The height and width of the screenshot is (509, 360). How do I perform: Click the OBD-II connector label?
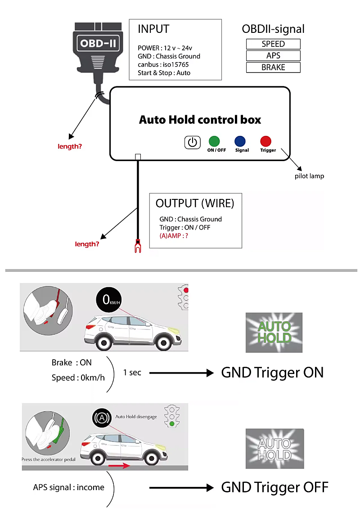99,44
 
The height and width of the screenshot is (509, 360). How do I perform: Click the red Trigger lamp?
266,141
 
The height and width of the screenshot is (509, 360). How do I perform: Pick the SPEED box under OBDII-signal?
273,44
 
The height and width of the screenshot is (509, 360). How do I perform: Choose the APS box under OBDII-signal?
273,56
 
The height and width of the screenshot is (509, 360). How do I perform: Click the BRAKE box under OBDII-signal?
273,68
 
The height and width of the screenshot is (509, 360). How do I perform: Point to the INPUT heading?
153,29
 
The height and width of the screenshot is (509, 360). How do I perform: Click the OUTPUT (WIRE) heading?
195,203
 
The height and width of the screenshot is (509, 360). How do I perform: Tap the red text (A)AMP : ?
174,235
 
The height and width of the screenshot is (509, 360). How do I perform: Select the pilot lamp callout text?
309,176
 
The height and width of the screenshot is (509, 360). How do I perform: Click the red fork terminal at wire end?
138,246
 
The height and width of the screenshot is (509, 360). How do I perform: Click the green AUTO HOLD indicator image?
274,332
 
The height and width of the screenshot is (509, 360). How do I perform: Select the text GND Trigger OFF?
274,487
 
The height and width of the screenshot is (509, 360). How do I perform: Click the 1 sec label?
132,373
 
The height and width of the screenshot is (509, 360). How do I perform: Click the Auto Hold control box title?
200,120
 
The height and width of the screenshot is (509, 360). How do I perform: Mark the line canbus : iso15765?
163,65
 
